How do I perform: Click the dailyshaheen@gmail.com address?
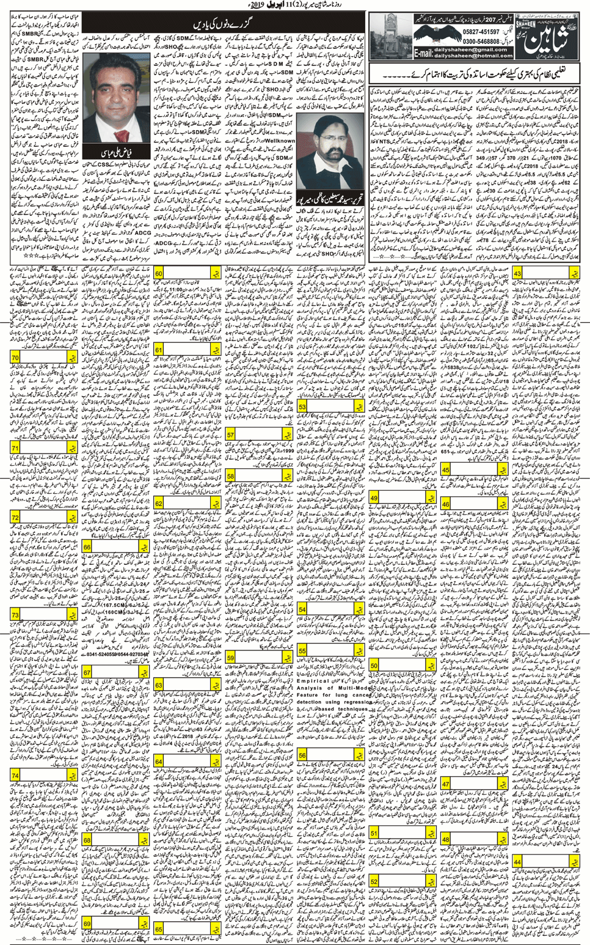tap(472, 49)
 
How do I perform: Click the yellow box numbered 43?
tap(517, 273)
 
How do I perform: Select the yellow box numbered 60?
tap(159, 273)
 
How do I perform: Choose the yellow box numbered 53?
tap(302, 406)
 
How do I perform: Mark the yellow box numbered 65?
tap(159, 928)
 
